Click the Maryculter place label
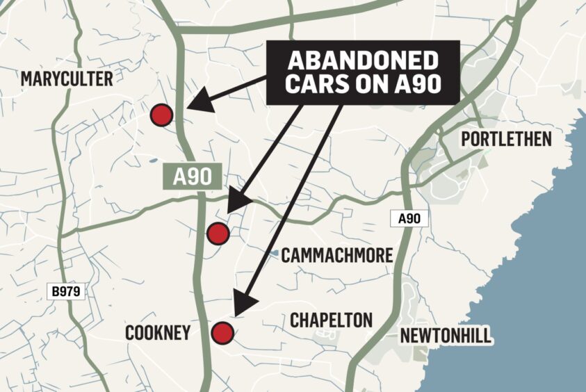click(x=67, y=79)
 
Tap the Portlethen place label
click(x=506, y=138)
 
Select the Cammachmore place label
click(x=336, y=256)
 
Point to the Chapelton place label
click(x=331, y=320)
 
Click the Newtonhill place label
click(x=446, y=336)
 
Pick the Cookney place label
click(x=157, y=334)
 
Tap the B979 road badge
click(x=66, y=292)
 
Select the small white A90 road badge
click(x=409, y=219)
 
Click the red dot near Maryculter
click(x=161, y=115)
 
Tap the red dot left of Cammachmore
click(x=218, y=234)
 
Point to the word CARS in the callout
click(x=313, y=86)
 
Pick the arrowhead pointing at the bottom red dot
click(x=243, y=306)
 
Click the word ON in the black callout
click(x=371, y=86)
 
